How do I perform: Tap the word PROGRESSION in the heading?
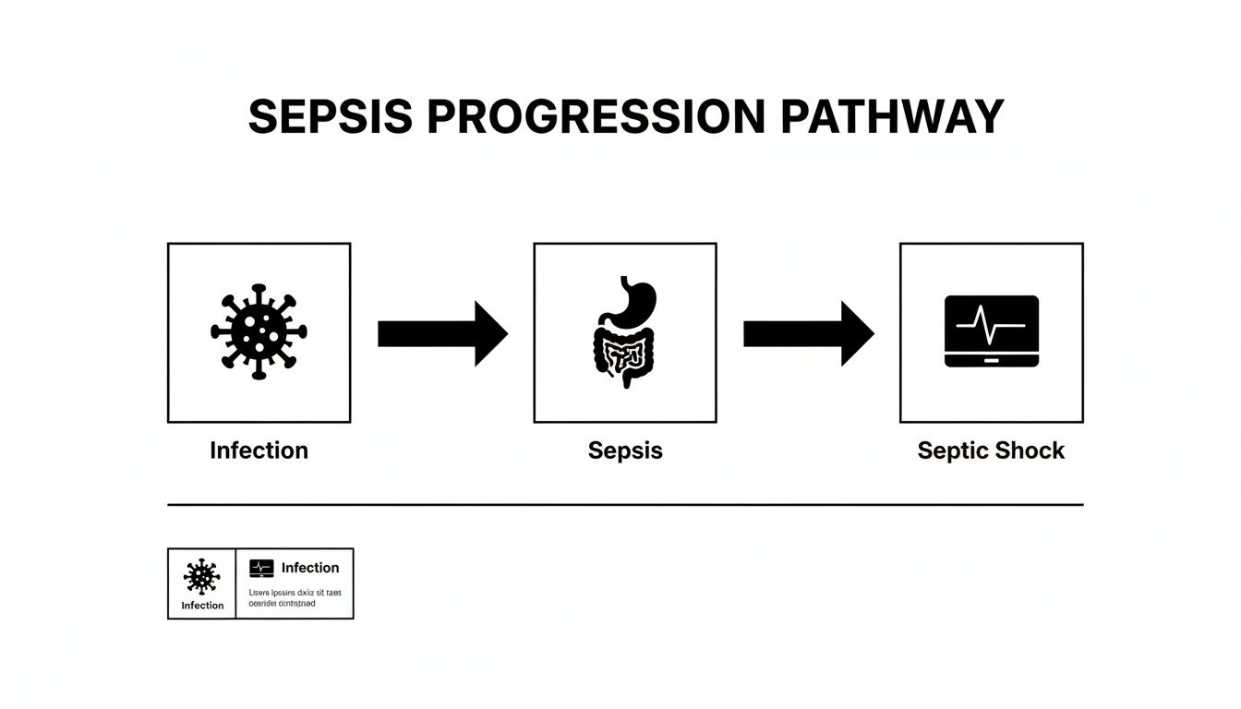pyautogui.click(x=596, y=117)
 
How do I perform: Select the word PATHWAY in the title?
pyautogui.click(x=891, y=117)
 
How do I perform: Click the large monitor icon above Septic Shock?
pyautogui.click(x=992, y=331)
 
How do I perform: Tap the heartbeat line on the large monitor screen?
pyautogui.click(x=991, y=325)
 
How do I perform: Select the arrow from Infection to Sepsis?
pyautogui.click(x=442, y=333)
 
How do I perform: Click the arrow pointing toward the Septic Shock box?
pyautogui.click(x=808, y=333)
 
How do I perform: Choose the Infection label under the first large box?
pyautogui.click(x=259, y=451)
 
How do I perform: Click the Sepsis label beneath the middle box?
pyautogui.click(x=625, y=451)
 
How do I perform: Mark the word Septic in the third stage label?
pyautogui.click(x=951, y=451)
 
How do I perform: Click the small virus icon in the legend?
pyautogui.click(x=201, y=576)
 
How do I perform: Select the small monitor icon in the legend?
pyautogui.click(x=261, y=569)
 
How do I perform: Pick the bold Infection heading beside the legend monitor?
pyautogui.click(x=310, y=568)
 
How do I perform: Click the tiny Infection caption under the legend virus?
pyautogui.click(x=202, y=606)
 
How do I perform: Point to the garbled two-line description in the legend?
pyautogui.click(x=295, y=597)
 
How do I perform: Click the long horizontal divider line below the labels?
pyautogui.click(x=625, y=505)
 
